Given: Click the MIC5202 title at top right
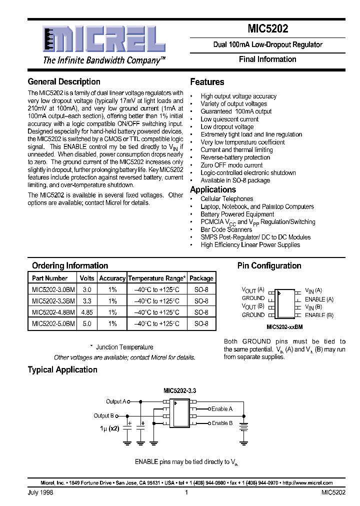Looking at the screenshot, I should click(267, 29).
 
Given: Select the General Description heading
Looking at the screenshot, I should click(64, 81).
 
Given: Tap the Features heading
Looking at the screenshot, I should click(207, 82).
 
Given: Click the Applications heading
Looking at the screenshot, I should click(213, 189).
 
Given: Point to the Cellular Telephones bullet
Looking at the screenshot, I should click(226, 199).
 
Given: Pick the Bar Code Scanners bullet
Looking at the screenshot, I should click(226, 229).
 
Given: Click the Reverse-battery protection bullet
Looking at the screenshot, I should click(235, 157).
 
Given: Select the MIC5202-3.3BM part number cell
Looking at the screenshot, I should click(53, 301).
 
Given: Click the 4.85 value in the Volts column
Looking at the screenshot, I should click(87, 312).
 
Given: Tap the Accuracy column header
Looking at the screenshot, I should click(112, 278).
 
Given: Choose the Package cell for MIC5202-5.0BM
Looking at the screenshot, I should click(201, 324).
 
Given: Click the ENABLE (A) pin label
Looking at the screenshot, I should click(319, 299).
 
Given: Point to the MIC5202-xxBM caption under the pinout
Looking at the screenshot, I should click(284, 326).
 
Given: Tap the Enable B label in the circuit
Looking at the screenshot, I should click(222, 423).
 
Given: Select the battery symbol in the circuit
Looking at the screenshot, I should click(244, 426).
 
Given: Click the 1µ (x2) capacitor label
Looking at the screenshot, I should click(109, 428).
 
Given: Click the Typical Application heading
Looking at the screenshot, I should click(62, 370).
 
